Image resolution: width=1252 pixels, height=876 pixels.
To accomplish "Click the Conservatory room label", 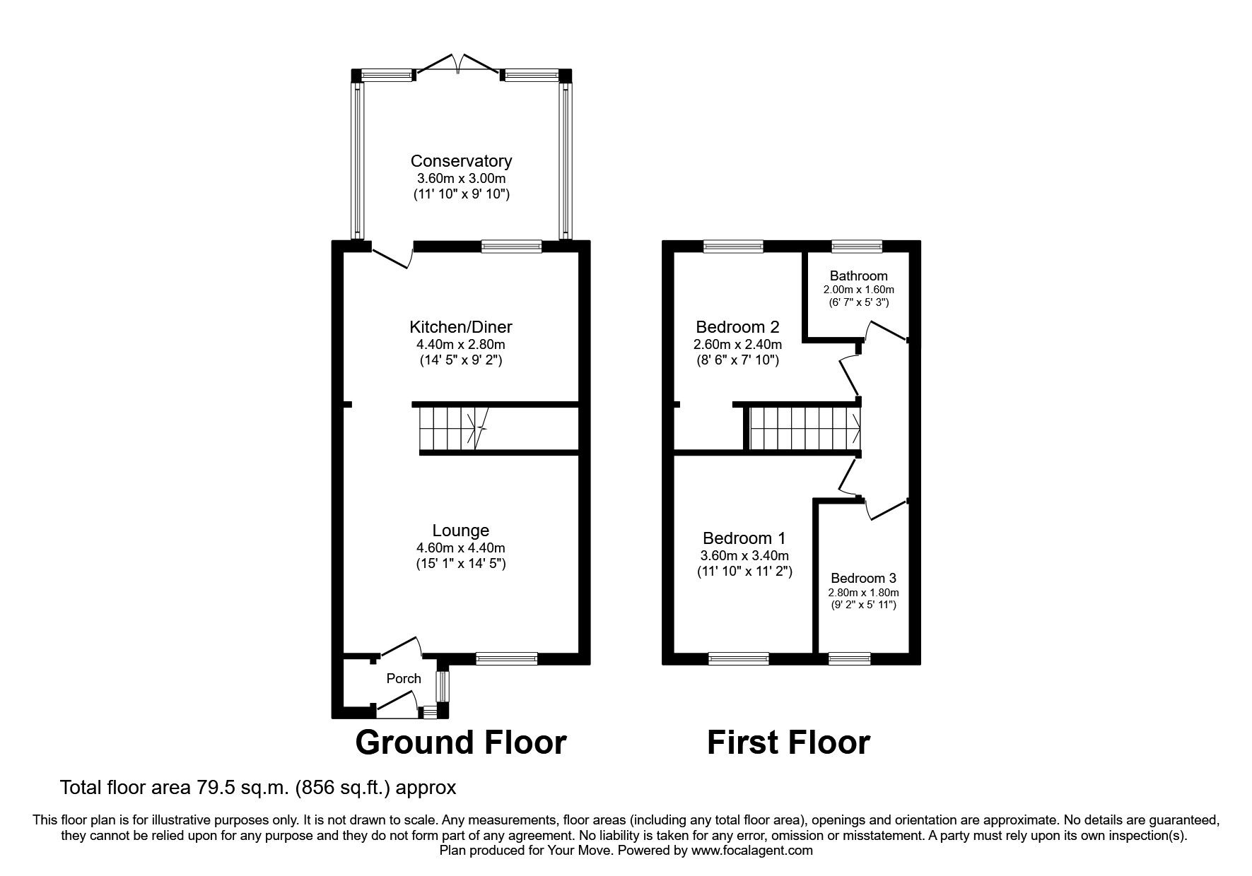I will [x=461, y=161].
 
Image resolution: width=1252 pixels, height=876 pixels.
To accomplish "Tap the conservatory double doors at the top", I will [x=459, y=64].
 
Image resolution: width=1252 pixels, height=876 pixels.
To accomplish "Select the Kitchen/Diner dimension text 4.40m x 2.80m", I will [x=461, y=345].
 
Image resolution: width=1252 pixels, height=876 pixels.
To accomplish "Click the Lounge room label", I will [x=461, y=531].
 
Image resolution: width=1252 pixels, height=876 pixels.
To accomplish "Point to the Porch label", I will [x=404, y=679].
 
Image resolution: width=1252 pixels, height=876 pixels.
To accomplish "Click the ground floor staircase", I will [x=452, y=428].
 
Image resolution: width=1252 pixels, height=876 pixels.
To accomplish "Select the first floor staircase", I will [x=805, y=428].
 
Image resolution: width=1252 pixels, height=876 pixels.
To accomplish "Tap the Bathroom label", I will [x=858, y=276].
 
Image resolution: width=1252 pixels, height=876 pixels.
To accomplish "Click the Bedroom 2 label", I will [x=737, y=327].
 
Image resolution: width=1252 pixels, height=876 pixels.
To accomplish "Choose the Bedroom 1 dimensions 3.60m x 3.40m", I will [x=744, y=556].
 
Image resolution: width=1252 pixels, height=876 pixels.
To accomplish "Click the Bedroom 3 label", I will [x=863, y=578].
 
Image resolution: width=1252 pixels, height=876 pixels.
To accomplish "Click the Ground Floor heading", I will [x=460, y=743].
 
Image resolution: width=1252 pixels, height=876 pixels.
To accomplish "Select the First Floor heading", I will [x=788, y=743].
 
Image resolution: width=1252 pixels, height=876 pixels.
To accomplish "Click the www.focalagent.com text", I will [x=751, y=851].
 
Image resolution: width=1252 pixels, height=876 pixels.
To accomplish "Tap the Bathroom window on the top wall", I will [x=857, y=246].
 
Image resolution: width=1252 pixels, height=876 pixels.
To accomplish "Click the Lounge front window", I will [x=506, y=658].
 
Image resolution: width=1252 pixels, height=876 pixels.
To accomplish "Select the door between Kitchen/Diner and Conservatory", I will [x=391, y=256].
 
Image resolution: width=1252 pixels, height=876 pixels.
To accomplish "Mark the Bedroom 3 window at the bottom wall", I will [x=849, y=658].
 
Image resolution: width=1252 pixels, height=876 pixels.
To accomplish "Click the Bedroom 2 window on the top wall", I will [x=733, y=246].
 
